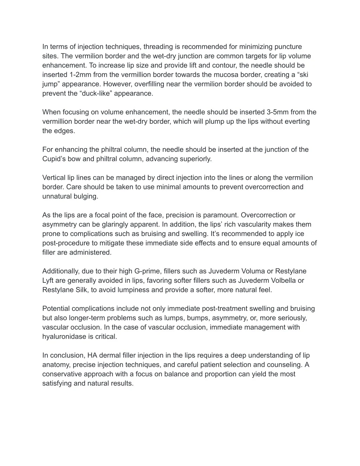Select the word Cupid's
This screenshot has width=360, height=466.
[x=54, y=159]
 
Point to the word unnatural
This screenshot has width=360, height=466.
[x=57, y=196]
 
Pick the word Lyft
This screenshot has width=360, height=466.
[x=48, y=281]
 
